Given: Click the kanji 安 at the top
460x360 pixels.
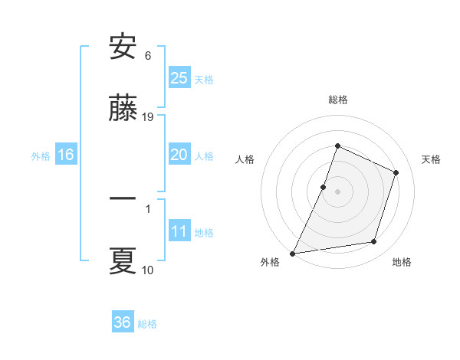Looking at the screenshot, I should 123,47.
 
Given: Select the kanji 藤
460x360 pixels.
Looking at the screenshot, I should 123,109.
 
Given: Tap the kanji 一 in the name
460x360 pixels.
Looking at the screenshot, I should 123,198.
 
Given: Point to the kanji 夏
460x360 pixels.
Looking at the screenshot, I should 123,261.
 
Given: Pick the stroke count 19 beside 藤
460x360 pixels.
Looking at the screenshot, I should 149,116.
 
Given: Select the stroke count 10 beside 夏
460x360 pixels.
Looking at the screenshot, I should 148,270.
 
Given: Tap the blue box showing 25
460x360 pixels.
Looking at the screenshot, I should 179,77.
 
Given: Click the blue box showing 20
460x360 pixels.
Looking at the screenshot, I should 179,155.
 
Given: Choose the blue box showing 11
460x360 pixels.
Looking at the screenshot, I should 179,231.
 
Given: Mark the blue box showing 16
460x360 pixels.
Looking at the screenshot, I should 65,155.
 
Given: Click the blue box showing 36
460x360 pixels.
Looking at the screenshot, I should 122,322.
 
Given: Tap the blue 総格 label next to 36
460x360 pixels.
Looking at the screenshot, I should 147,324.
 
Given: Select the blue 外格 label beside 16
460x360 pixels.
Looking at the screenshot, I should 41,156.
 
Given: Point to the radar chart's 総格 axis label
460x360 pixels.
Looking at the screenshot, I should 337,100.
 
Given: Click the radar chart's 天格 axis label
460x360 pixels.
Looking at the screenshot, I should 431,159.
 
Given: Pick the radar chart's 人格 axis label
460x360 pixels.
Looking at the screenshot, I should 245,159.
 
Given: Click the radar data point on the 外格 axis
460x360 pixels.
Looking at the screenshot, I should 293,254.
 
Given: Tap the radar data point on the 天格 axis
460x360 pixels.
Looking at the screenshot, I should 396,172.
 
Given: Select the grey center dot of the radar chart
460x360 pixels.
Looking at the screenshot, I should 337,191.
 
